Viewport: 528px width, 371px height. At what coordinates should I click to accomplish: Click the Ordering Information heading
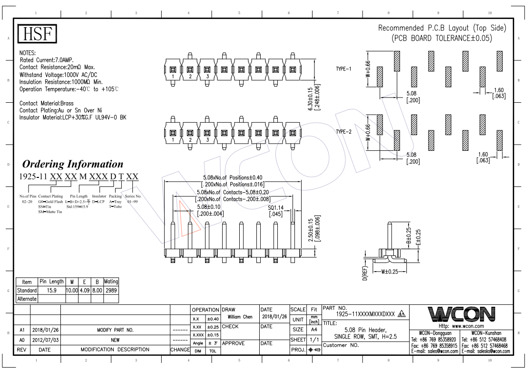point(73,164)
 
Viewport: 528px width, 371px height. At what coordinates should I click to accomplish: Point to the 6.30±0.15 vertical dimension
point(312,99)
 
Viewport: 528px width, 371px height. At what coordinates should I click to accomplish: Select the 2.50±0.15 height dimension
point(312,229)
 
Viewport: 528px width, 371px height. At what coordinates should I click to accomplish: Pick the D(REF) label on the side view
point(364,273)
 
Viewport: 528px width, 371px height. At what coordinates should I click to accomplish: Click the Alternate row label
point(27,299)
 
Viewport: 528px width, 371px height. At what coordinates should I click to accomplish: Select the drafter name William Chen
point(240,317)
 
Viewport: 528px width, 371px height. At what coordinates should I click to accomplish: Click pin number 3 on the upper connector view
point(207,77)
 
